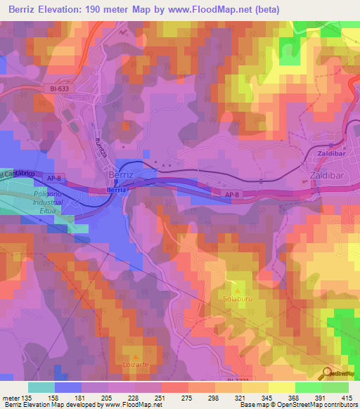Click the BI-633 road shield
62,88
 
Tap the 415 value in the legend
347,396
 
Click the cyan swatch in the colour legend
41,387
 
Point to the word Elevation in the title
65,10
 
